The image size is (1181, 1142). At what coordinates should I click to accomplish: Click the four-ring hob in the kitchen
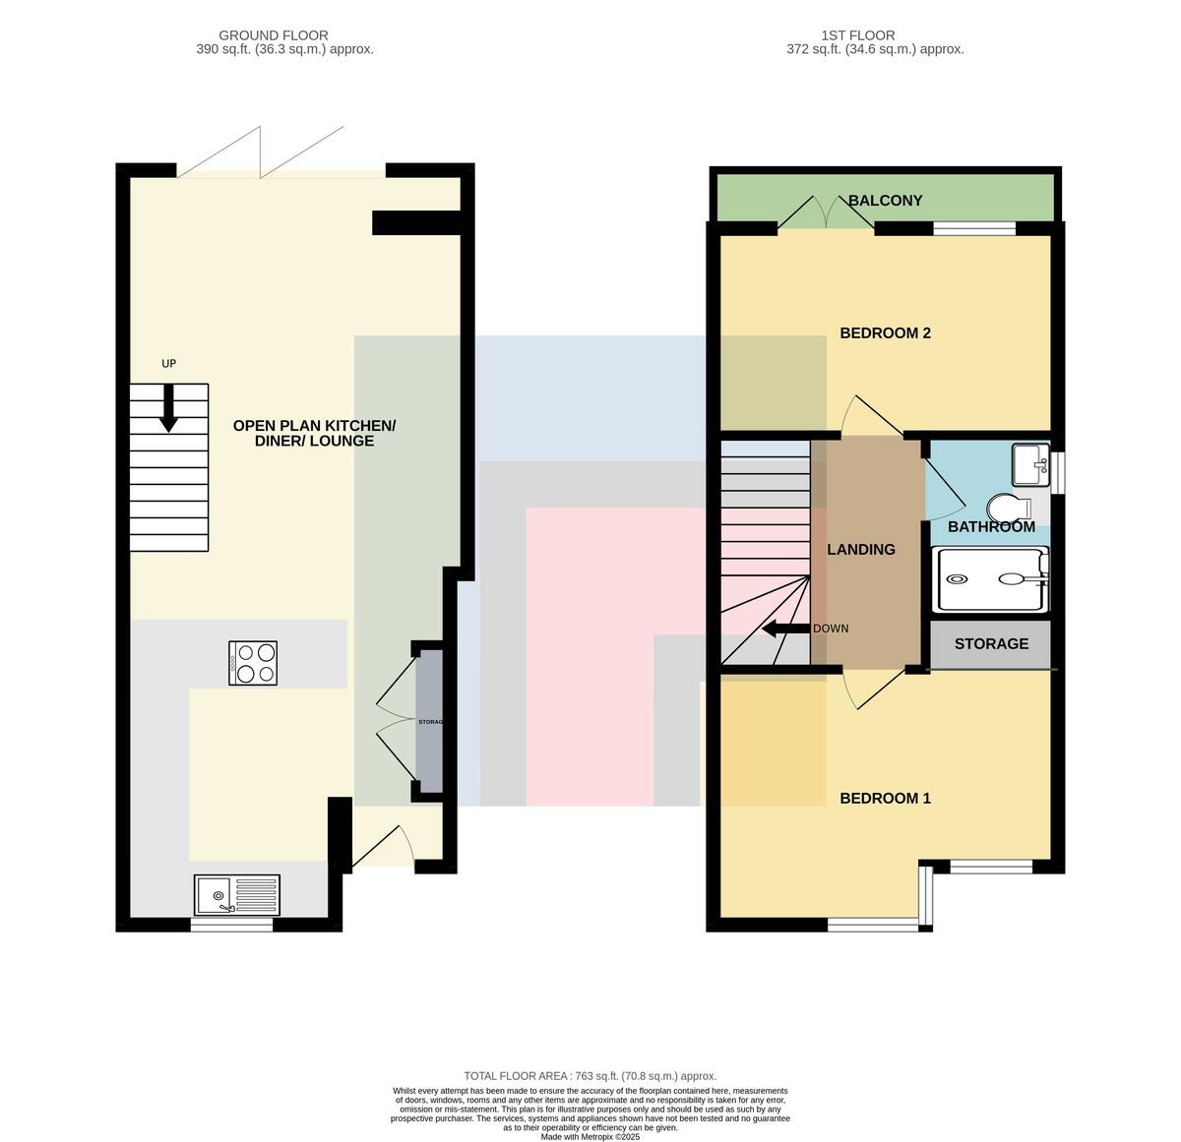[x=253, y=664]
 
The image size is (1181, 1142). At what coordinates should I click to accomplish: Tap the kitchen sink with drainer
[x=236, y=894]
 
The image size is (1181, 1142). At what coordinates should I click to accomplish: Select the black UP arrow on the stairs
[x=168, y=408]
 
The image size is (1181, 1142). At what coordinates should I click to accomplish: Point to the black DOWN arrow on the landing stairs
[x=786, y=629]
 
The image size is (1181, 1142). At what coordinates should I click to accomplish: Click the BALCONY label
[x=885, y=200]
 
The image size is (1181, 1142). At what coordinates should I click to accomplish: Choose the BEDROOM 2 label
[x=885, y=332]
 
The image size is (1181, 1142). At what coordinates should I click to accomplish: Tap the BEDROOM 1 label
[x=885, y=798]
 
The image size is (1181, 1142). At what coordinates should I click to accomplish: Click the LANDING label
[x=861, y=550]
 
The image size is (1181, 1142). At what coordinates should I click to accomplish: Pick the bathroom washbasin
[x=1030, y=464]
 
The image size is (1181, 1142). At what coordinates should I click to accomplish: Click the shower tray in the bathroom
[x=990, y=579]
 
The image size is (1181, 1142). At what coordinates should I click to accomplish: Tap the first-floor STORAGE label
[x=991, y=643]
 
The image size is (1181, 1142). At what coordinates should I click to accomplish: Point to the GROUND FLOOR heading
[x=273, y=35]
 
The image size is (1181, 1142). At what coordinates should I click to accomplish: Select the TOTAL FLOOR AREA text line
[x=590, y=1076]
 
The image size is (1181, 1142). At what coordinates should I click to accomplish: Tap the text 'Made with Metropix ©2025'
[x=590, y=1137]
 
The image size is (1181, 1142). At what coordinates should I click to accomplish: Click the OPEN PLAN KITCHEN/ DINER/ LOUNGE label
[x=314, y=433]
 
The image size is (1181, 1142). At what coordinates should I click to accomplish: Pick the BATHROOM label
[x=991, y=526]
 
